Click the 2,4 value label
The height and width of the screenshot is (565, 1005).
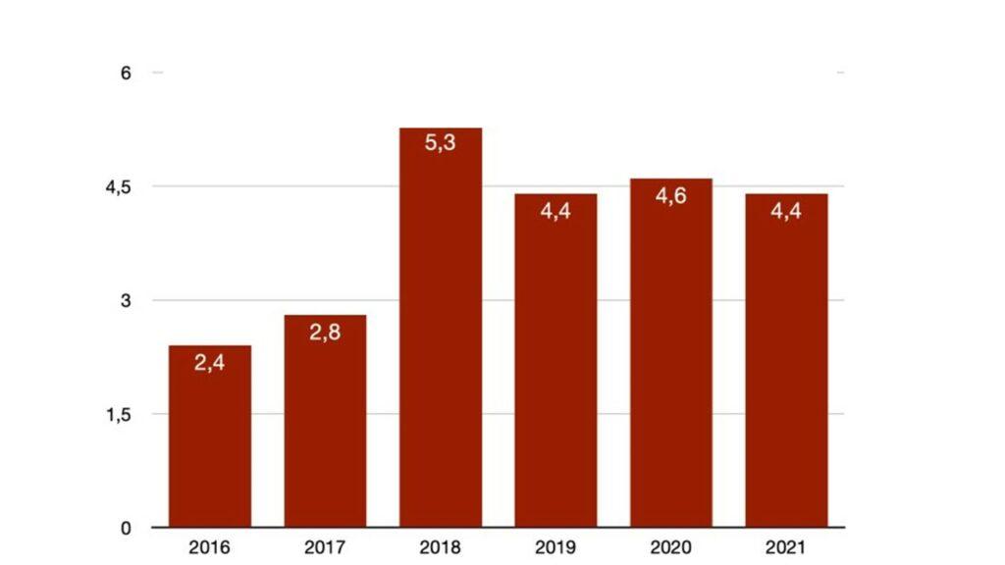pos(209,365)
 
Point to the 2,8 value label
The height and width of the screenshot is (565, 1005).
pos(325,334)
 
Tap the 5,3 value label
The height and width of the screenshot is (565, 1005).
pos(441,143)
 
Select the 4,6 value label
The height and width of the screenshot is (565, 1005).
pos(671,196)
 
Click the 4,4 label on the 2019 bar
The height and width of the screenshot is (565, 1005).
pos(555,211)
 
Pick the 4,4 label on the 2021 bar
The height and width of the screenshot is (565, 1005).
pos(786,211)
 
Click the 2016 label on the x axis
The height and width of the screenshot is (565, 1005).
pos(209,547)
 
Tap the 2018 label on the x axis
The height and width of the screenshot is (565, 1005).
pos(441,547)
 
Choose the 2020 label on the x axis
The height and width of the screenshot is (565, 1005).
pos(671,547)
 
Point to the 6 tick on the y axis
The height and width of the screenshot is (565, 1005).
pos(126,74)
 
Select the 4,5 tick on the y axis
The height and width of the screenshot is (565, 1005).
pos(119,187)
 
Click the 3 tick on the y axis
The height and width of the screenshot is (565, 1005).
pos(126,301)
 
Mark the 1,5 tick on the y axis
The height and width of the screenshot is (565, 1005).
pos(119,415)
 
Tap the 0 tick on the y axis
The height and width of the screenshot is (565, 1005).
pos(126,529)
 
